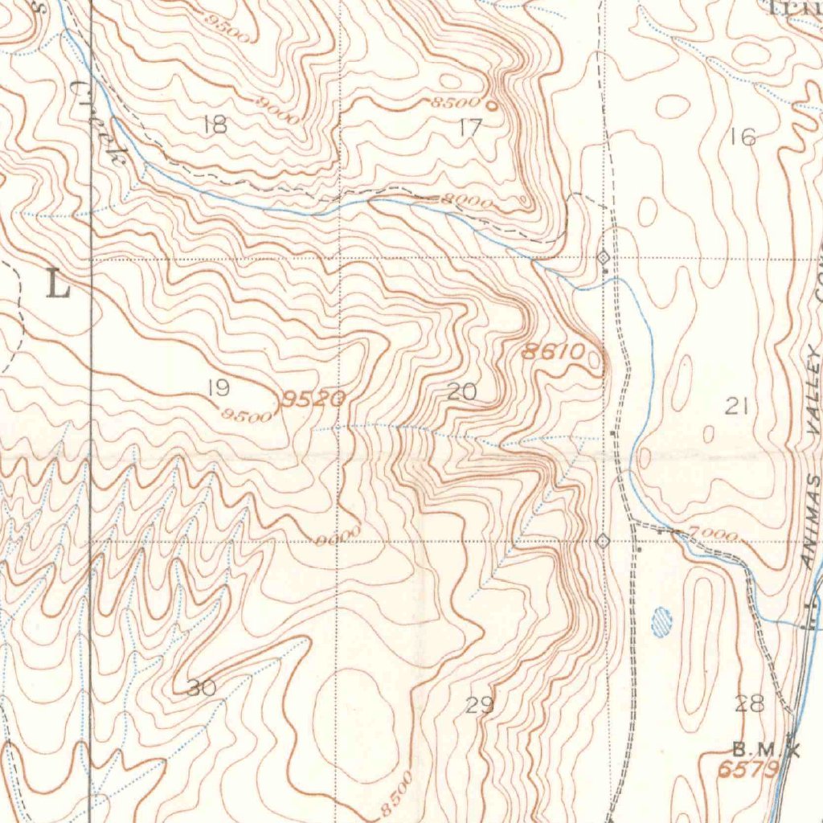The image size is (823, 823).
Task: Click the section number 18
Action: pyautogui.click(x=215, y=125)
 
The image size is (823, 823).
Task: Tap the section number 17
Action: pyautogui.click(x=470, y=127)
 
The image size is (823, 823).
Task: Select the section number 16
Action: pyautogui.click(x=743, y=137)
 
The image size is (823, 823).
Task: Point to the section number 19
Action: pyautogui.click(x=218, y=389)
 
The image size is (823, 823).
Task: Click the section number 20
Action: pyautogui.click(x=461, y=392)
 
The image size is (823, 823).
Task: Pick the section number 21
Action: pyautogui.click(x=736, y=407)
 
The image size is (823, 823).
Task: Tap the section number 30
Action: pyautogui.click(x=201, y=688)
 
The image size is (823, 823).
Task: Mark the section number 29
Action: pyautogui.click(x=479, y=706)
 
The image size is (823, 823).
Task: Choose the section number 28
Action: pyautogui.click(x=749, y=705)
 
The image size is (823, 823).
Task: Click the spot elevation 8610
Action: pyautogui.click(x=552, y=351)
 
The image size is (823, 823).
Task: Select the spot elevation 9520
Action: pyautogui.click(x=313, y=399)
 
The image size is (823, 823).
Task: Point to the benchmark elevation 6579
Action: pyautogui.click(x=747, y=770)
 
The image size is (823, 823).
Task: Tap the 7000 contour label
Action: pyautogui.click(x=713, y=534)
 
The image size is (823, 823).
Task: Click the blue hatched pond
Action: pyautogui.click(x=661, y=622)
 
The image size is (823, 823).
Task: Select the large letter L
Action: pyautogui.click(x=58, y=285)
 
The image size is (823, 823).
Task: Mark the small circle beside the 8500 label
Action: pyautogui.click(x=491, y=104)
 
